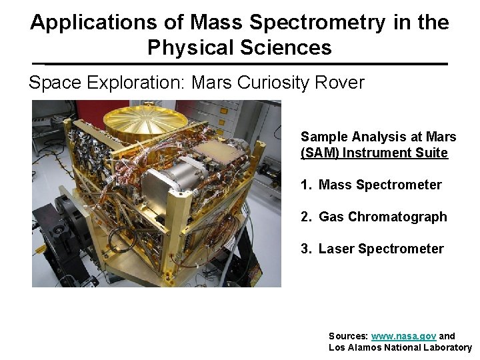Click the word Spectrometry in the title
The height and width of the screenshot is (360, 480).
pyautogui.click(x=317, y=23)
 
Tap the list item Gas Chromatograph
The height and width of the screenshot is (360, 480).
pyautogui.click(x=383, y=217)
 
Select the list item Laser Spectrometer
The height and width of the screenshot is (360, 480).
pyautogui.click(x=381, y=249)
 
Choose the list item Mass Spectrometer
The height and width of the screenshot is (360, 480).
pyautogui.click(x=380, y=185)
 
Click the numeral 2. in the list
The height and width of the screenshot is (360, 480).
pyautogui.click(x=307, y=217)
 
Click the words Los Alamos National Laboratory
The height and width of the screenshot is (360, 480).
pyautogui.click(x=400, y=347)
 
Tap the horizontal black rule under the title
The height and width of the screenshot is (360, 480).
pyautogui.click(x=240, y=64)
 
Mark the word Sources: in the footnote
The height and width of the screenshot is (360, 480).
pyautogui.click(x=348, y=336)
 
